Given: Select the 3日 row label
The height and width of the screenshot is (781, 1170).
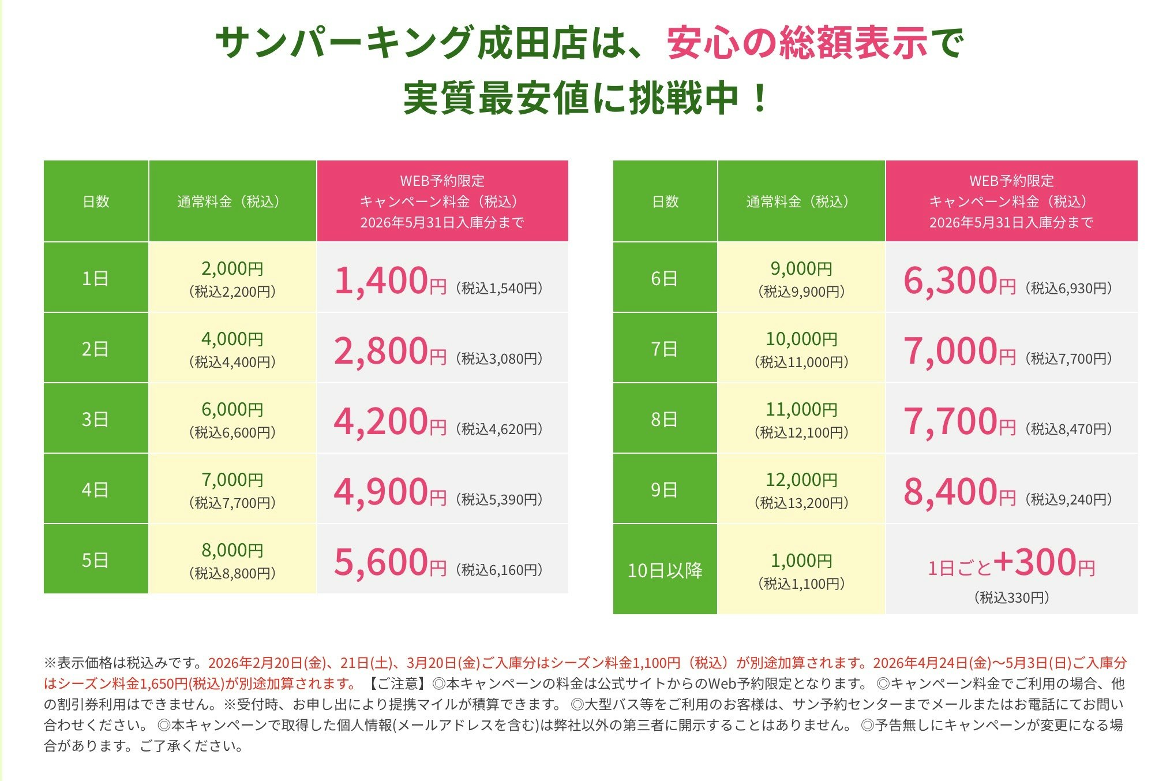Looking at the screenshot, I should (95, 419).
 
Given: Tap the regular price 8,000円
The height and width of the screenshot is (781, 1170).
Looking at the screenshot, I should (232, 550).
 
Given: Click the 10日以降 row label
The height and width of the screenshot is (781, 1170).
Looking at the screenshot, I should (665, 570).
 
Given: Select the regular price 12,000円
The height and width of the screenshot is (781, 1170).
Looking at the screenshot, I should (801, 480).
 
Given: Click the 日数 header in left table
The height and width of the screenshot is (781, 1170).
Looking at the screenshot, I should (96, 201).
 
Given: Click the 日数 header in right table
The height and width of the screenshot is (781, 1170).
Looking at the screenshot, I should (665, 201).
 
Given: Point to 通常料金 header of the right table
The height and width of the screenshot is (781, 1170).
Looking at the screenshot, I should (801, 201).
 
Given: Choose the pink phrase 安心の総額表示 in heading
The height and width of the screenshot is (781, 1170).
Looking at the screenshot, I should (797, 44).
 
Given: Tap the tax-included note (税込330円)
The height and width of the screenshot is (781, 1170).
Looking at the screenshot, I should (1011, 597).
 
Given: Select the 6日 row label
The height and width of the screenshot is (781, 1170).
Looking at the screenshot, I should (664, 279).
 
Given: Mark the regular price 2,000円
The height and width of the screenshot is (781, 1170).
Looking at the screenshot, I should (232, 268).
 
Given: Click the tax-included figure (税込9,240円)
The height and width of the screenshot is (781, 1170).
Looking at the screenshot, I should (1068, 499).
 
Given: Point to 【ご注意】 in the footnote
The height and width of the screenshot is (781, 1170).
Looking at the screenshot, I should (399, 684).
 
